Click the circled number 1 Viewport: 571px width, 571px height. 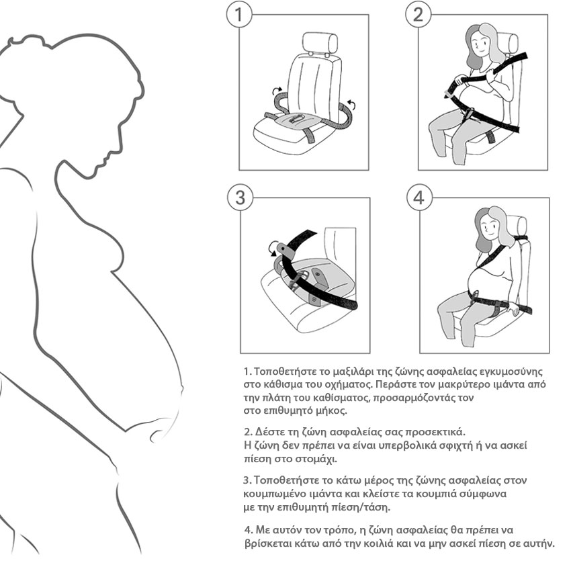click(239, 15)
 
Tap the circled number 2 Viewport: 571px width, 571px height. click(418, 15)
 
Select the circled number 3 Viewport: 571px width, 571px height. click(240, 197)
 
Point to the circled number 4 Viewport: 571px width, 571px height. click(419, 197)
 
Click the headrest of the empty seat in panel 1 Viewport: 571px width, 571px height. click(320, 44)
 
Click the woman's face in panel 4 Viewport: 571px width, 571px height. click(490, 226)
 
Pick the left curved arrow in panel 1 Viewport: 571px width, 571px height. click(277, 90)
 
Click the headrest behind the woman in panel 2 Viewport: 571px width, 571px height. click(509, 43)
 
